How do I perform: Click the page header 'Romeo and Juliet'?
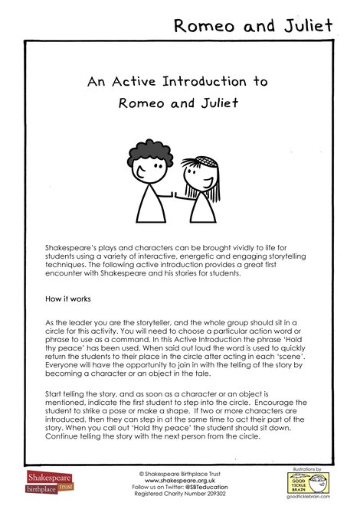pyautogui.click(x=254, y=25)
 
